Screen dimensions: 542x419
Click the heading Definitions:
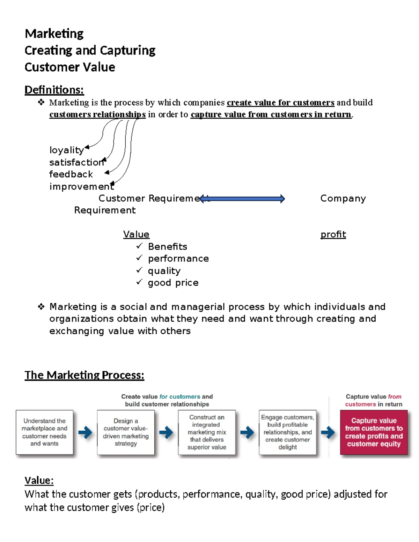(54, 90)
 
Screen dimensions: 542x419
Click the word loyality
(66, 150)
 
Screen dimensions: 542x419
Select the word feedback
(71, 174)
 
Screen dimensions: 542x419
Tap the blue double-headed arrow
(242, 199)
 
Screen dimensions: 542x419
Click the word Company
(343, 199)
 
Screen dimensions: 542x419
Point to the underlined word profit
(333, 235)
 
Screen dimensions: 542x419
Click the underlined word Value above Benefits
(136, 235)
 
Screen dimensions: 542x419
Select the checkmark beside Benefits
(139, 246)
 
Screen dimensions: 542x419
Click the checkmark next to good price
(139, 282)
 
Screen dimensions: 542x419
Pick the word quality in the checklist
(164, 271)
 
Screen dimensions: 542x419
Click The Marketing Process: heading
(84, 375)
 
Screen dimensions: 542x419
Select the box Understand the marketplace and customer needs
(44, 432)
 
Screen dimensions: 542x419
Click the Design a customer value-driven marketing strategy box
(126, 432)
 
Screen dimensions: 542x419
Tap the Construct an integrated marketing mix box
(207, 432)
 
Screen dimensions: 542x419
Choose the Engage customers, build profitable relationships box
(287, 432)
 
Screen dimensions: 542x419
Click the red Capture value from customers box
(374, 432)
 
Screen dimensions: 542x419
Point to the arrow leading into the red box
(328, 433)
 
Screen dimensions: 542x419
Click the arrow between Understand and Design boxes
(85, 433)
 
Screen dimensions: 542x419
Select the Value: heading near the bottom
(39, 481)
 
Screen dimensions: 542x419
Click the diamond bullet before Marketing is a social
(41, 307)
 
